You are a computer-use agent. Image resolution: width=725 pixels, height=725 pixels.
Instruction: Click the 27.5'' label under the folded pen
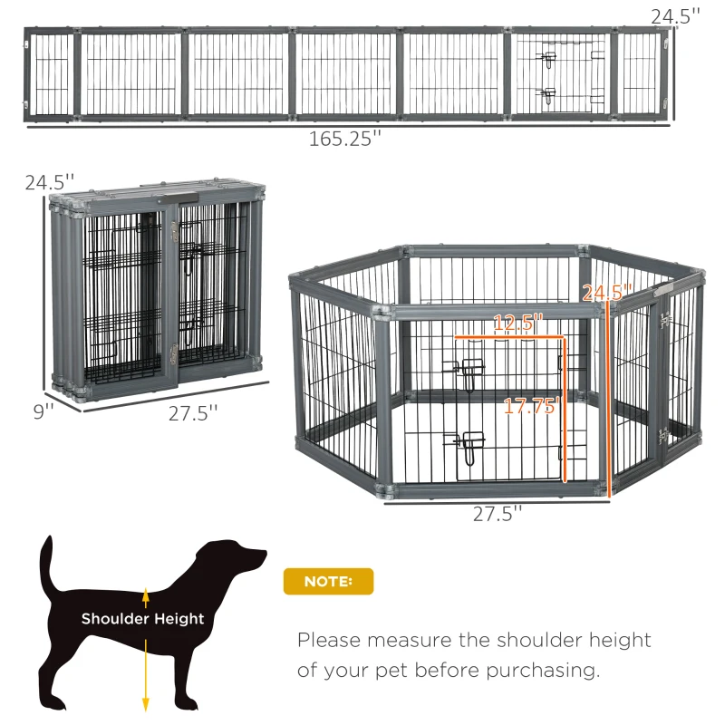(x=194, y=413)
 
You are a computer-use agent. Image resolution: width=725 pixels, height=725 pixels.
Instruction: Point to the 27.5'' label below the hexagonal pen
(x=498, y=514)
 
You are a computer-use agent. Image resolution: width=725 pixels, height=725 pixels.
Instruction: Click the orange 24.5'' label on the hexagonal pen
(x=605, y=293)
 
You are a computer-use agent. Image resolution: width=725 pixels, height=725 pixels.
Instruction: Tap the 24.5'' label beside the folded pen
(x=47, y=182)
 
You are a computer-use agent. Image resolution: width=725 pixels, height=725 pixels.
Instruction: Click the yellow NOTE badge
(x=328, y=581)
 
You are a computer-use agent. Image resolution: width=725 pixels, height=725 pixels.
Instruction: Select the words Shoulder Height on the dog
(x=143, y=619)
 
